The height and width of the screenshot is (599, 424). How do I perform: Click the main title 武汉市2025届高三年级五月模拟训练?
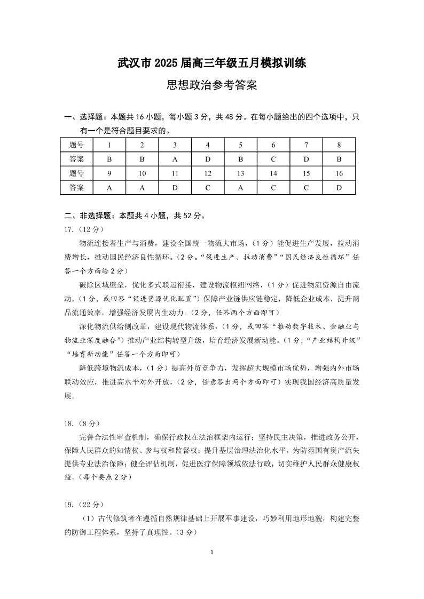[211, 63]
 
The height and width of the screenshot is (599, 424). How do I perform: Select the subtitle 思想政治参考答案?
[211, 85]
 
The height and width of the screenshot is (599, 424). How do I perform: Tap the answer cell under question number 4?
[208, 159]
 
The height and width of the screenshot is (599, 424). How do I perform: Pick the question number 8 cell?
[339, 145]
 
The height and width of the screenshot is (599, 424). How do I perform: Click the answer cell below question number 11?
[175, 188]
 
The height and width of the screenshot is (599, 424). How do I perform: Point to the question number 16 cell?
[339, 173]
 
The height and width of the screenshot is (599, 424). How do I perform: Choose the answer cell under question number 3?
[175, 159]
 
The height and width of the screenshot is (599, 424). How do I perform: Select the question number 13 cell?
[240, 173]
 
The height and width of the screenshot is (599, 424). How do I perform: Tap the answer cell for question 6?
[273, 159]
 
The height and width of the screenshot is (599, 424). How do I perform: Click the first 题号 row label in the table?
[76, 145]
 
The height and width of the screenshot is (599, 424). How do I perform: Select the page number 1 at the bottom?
[212, 552]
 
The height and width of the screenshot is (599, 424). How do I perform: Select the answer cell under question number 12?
[208, 188]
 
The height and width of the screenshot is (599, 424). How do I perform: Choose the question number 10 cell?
[142, 173]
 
